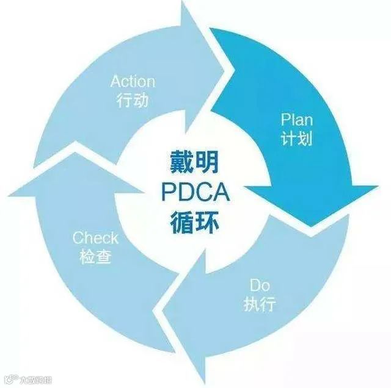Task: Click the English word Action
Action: [133, 82]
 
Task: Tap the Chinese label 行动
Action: [132, 100]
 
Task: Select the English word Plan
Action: [297, 119]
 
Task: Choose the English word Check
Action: [95, 237]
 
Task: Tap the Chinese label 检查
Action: [95, 256]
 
